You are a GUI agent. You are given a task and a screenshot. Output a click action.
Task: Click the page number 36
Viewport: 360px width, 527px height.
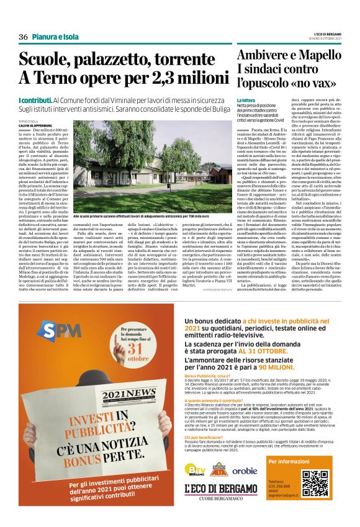coord(24,37)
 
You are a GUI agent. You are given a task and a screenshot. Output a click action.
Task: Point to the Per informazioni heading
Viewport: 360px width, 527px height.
coord(287,462)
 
